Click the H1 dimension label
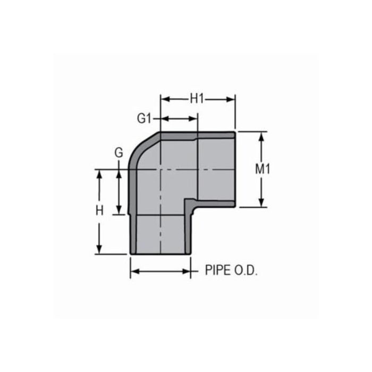coord(198,98)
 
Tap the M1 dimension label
coord(263,170)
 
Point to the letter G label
coord(119,153)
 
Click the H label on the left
coord(99,210)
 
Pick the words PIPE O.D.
coord(231,271)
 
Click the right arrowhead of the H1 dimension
coord(232,99)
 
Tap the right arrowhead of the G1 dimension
coord(195,119)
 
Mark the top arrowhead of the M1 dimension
coord(261,136)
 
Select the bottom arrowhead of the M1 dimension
coord(261,204)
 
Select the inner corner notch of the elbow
coord(187,202)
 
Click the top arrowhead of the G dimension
coord(119,173)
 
